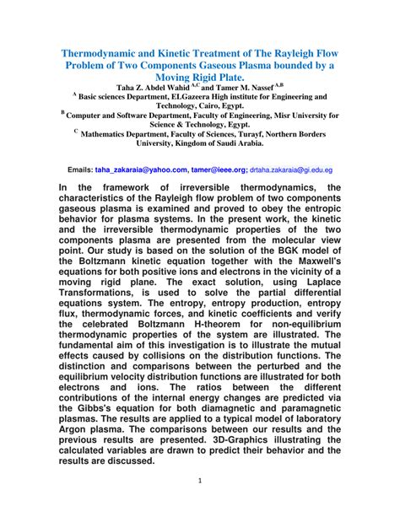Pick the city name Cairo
click(x=194, y=108)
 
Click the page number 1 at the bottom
click(x=200, y=504)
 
